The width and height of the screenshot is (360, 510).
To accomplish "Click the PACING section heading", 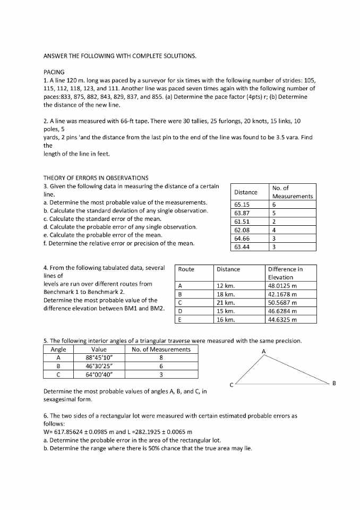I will (x=54, y=72).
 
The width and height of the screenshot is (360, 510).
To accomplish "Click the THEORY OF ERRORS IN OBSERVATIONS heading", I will (x=96, y=177).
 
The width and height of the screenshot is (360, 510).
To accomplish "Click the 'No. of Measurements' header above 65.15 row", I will (x=292, y=192).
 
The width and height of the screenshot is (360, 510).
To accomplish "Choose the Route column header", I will (x=186, y=269).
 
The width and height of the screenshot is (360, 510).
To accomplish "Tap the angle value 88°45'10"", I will (x=99, y=358).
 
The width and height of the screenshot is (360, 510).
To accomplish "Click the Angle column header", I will (x=58, y=349).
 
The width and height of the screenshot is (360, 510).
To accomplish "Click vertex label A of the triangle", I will (x=263, y=351).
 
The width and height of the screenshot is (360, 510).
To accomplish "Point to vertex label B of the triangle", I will (x=334, y=382).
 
